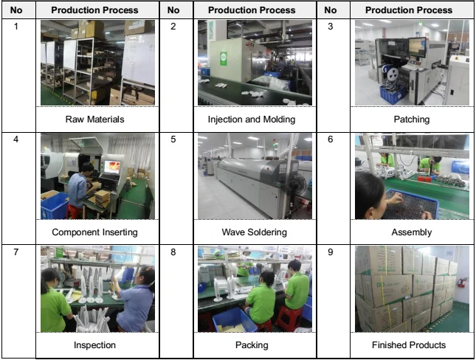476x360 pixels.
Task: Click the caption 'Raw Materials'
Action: click(x=94, y=120)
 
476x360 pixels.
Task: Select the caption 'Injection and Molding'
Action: click(x=252, y=120)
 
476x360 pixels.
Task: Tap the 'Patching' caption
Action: click(x=412, y=120)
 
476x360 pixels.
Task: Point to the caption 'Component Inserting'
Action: click(x=94, y=232)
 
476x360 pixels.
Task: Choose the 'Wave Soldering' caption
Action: click(x=255, y=232)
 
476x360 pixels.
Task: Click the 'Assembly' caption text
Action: click(x=412, y=232)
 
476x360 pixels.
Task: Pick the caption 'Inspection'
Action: click(x=94, y=345)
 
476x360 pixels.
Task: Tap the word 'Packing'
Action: click(x=252, y=345)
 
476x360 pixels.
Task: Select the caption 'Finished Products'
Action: click(x=409, y=345)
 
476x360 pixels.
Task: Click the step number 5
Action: click(x=173, y=139)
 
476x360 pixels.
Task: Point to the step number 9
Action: click(x=331, y=252)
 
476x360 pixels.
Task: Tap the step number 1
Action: click(x=15, y=27)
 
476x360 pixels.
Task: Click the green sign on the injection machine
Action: click(x=224, y=58)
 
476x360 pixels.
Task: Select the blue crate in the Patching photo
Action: click(x=393, y=94)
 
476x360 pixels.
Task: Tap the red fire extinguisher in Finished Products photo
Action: click(x=461, y=283)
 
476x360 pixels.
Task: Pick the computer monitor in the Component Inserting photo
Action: click(x=112, y=167)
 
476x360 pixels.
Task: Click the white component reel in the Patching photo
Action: click(x=393, y=73)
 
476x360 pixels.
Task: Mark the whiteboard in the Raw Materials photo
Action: click(x=139, y=59)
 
